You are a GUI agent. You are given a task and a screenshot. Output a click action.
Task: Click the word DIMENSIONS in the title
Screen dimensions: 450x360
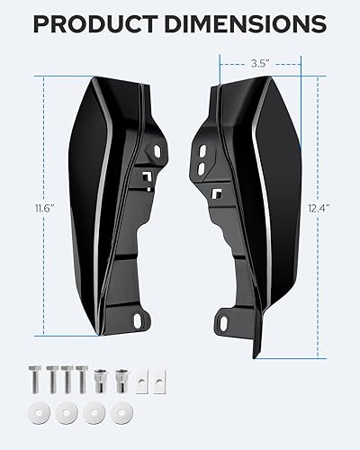(245, 23)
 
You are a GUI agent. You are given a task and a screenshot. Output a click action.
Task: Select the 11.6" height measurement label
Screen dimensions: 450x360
(34, 206)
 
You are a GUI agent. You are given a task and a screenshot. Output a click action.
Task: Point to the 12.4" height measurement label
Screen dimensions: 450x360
(319, 206)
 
